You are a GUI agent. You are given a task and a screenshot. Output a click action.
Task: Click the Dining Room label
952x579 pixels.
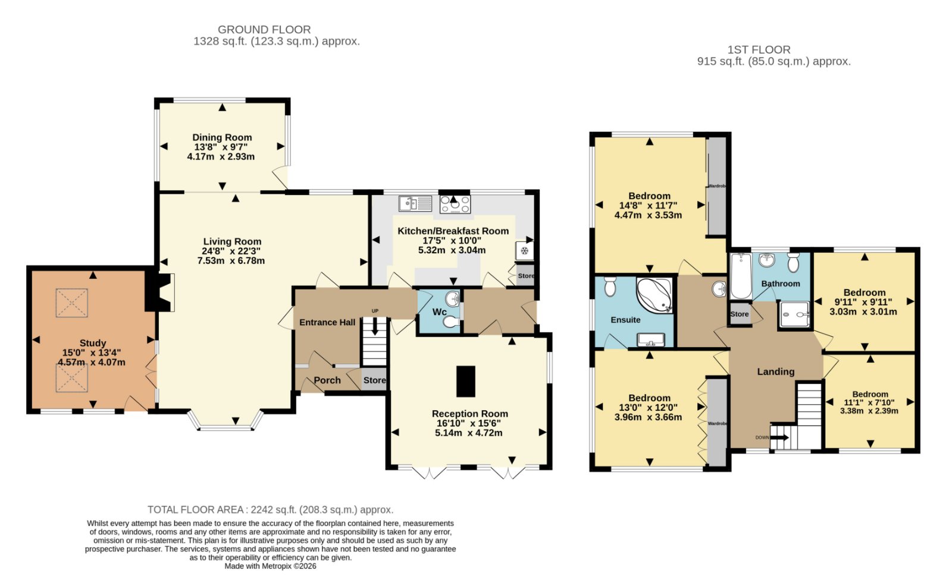(222, 137)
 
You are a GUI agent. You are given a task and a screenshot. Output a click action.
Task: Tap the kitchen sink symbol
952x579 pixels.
(415, 203)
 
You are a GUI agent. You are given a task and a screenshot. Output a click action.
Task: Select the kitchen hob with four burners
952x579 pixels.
(455, 204)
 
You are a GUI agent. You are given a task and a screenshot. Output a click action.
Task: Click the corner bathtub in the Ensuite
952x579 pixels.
(654, 295)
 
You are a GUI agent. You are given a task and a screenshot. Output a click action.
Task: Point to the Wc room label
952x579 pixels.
(440, 312)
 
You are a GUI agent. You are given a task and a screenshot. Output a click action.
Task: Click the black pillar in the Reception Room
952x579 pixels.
(466, 381)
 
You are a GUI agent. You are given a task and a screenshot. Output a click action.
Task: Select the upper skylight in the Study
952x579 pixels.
(72, 303)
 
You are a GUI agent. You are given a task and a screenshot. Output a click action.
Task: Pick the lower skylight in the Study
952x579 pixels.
(72, 378)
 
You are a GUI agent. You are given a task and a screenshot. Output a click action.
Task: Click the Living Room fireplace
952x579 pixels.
(160, 292)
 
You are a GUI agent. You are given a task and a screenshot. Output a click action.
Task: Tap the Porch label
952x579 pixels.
(327, 380)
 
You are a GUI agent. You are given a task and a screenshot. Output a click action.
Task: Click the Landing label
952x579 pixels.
(776, 372)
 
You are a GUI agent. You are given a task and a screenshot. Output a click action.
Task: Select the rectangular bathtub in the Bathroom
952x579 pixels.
(741, 276)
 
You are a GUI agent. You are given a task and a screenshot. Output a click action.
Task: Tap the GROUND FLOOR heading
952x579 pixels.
(264, 30)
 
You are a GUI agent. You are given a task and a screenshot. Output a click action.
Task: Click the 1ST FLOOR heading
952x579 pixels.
(759, 50)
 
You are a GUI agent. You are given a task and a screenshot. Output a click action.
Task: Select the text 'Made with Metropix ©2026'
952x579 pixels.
(270, 566)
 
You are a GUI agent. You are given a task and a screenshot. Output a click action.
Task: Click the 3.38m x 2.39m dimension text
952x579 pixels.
(869, 411)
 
